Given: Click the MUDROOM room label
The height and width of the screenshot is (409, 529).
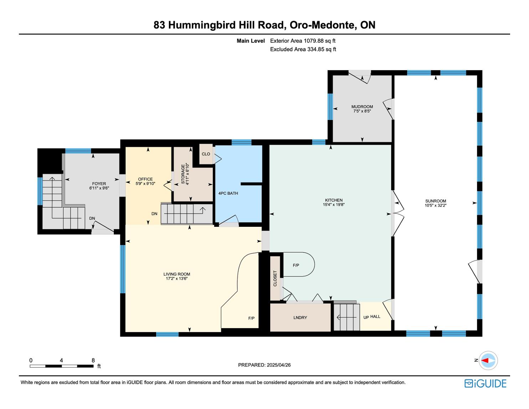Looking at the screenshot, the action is (x=362, y=107).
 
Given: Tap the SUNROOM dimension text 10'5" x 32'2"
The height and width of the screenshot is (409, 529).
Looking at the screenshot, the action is (x=436, y=205).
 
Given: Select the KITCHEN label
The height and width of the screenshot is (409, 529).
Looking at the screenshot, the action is (x=334, y=200).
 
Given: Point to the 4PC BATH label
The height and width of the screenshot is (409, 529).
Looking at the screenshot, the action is (x=228, y=193).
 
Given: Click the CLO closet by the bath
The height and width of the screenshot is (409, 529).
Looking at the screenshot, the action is (x=206, y=154).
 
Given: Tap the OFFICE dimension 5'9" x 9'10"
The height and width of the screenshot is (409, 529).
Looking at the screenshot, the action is (x=145, y=184).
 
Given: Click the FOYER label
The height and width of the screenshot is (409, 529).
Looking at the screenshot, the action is (x=99, y=184).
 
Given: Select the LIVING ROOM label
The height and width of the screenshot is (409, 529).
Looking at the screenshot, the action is (x=177, y=274).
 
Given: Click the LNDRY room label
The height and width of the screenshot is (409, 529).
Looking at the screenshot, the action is (x=300, y=318).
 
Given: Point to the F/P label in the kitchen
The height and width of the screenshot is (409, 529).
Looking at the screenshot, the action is (x=296, y=265).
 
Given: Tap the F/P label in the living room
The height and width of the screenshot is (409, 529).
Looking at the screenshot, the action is (x=251, y=318).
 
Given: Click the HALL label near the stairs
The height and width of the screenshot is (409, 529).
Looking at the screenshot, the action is (x=375, y=317).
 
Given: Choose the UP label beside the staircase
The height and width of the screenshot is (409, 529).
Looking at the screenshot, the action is (x=366, y=317).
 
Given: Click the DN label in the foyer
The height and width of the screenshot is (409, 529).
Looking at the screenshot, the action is (x=92, y=218).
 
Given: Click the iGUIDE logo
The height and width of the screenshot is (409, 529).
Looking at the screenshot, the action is (x=486, y=384).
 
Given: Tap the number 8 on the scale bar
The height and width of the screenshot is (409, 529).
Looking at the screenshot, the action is (x=93, y=360).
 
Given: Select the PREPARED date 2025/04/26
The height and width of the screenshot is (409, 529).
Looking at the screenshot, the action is (x=279, y=365).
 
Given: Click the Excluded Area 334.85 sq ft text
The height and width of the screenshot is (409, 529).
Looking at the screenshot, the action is (x=303, y=50).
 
